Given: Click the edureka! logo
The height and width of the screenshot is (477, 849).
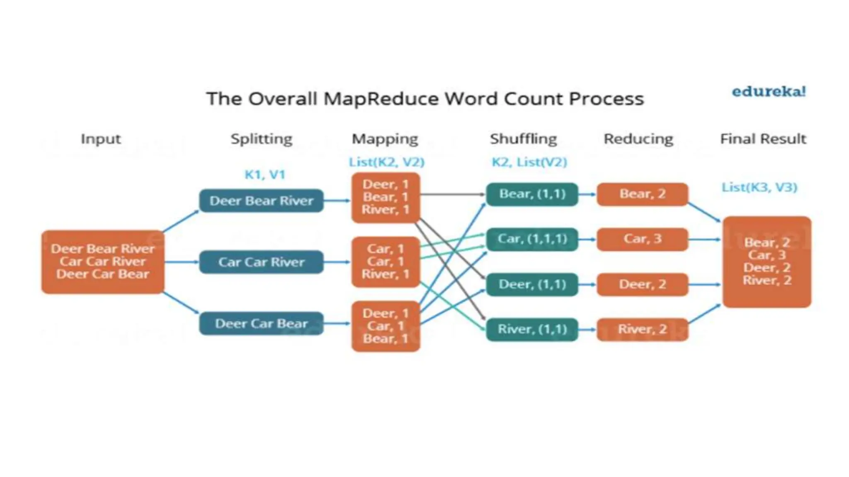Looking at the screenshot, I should pos(769,92).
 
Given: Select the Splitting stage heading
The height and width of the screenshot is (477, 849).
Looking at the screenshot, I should pos(261,139).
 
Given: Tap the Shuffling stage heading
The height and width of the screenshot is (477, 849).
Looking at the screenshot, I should pos(523,139).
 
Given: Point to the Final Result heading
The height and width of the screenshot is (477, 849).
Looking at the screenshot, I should pos(763,139).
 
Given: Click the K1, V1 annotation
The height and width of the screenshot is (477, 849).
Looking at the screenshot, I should pos(265,175).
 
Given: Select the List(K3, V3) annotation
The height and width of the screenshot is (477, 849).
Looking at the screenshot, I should pos(759,188).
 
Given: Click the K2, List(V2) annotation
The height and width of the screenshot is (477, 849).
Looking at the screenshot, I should pos(529,162).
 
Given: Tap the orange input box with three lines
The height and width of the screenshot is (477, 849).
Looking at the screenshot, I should pos(103,262).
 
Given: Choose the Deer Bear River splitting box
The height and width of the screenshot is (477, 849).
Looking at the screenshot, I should pos(261,201).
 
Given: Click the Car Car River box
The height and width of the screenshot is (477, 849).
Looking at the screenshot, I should pos(261,262).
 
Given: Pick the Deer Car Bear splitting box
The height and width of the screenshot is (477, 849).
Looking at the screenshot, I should pos(261,323).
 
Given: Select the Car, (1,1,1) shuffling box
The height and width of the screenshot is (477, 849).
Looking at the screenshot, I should pos(532,239).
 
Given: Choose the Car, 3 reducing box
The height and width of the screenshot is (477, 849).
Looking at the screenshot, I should pos(642,239).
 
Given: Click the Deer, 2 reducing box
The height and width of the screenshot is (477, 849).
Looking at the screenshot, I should pos(642,284).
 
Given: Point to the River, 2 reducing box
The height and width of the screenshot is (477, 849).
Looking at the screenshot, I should pos(642,329).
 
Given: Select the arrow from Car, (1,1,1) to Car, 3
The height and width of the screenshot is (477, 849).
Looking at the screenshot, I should pos(587,239).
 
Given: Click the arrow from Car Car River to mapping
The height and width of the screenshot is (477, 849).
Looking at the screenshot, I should pos(337,262).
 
